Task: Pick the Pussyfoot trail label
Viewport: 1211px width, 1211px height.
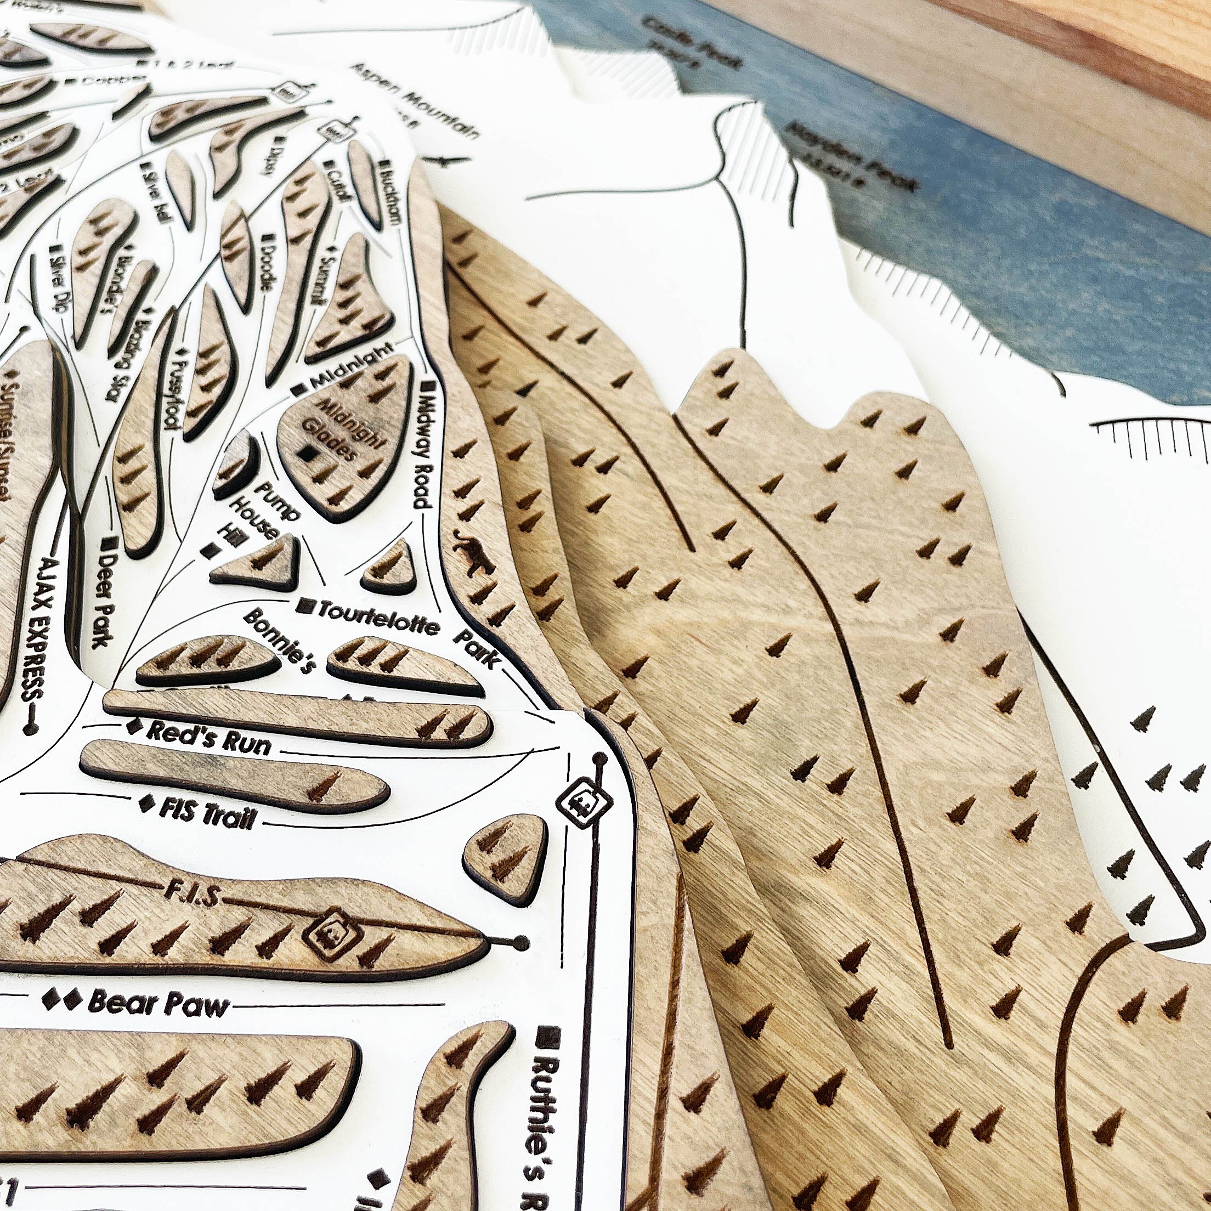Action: pyautogui.click(x=175, y=389)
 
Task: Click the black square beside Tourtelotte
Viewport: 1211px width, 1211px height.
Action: pyautogui.click(x=307, y=605)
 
